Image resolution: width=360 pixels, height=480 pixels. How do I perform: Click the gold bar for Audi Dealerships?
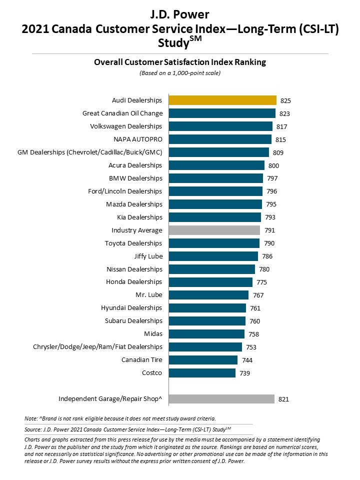click(222, 100)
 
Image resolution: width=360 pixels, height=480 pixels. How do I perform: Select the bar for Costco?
click(202, 373)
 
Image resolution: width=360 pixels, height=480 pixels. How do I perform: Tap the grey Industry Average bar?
click(214, 230)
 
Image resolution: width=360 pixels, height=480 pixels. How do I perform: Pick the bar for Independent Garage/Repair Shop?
click(221, 399)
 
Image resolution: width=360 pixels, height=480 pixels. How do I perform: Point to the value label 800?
click(273, 165)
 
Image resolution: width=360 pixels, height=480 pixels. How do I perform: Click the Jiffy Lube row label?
click(148, 256)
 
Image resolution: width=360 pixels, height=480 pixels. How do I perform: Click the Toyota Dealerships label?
click(133, 243)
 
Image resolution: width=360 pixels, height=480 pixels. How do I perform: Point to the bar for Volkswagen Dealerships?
click(220, 126)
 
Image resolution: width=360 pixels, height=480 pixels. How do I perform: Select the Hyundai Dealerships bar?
click(207, 308)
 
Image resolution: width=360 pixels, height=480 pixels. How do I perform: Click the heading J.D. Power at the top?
click(179, 13)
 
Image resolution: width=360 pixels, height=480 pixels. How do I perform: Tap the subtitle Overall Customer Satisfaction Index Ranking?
click(180, 62)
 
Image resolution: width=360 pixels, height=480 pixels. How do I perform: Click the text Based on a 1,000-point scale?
click(180, 73)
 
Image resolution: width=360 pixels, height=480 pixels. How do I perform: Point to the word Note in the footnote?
click(30, 418)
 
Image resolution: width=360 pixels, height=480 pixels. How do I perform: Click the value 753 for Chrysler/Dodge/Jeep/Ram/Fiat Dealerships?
click(251, 347)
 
